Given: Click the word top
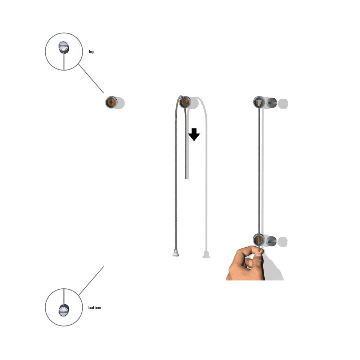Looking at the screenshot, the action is pyautogui.click(x=91, y=51).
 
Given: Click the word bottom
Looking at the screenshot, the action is pyautogui.click(x=95, y=307).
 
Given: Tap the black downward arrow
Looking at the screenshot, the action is pyautogui.click(x=194, y=135).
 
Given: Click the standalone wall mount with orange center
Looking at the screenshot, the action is pyautogui.click(x=111, y=102).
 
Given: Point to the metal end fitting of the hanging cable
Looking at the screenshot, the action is pyautogui.click(x=176, y=253).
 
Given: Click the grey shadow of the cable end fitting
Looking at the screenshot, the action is pyautogui.click(x=206, y=255).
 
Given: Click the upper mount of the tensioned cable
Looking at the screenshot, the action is pyautogui.click(x=259, y=102).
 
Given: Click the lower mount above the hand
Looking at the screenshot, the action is pyautogui.click(x=259, y=240).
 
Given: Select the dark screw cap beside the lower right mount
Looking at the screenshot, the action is pyautogui.click(x=272, y=241).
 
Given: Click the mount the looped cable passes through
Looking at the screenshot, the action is pyautogui.click(x=185, y=102).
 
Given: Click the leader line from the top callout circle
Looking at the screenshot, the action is pyautogui.click(x=91, y=78).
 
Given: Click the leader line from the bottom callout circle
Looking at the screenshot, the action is pyautogui.click(x=91, y=281).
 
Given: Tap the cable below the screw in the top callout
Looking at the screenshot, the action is pyautogui.click(x=64, y=62).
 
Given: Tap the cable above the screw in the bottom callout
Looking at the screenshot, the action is pyautogui.click(x=64, y=297).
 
